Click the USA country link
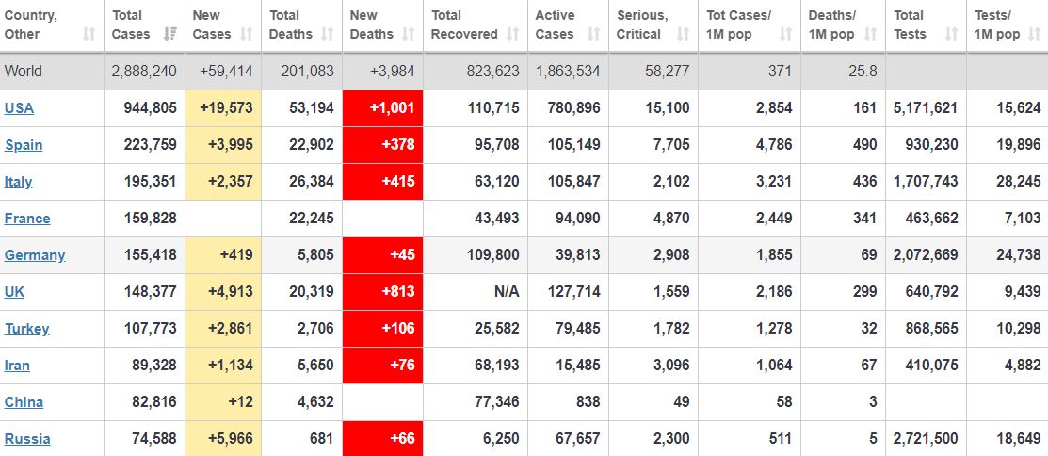pyautogui.click(x=19, y=108)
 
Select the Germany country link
pyautogui.click(x=35, y=255)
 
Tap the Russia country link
pyautogui.click(x=27, y=439)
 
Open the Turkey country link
pyautogui.click(x=26, y=329)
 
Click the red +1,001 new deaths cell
pyautogui.click(x=382, y=108)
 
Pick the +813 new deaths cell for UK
pyautogui.click(x=382, y=292)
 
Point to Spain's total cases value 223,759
pyautogui.click(x=150, y=145)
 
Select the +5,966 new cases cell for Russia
pyautogui.click(x=226, y=439)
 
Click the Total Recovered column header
pyautogui.click(x=464, y=25)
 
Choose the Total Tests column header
pyautogui.click(x=910, y=25)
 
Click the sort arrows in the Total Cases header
pyautogui.click(x=169, y=34)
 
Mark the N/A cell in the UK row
pyautogui.click(x=507, y=292)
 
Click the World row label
pyautogui.click(x=23, y=72)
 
